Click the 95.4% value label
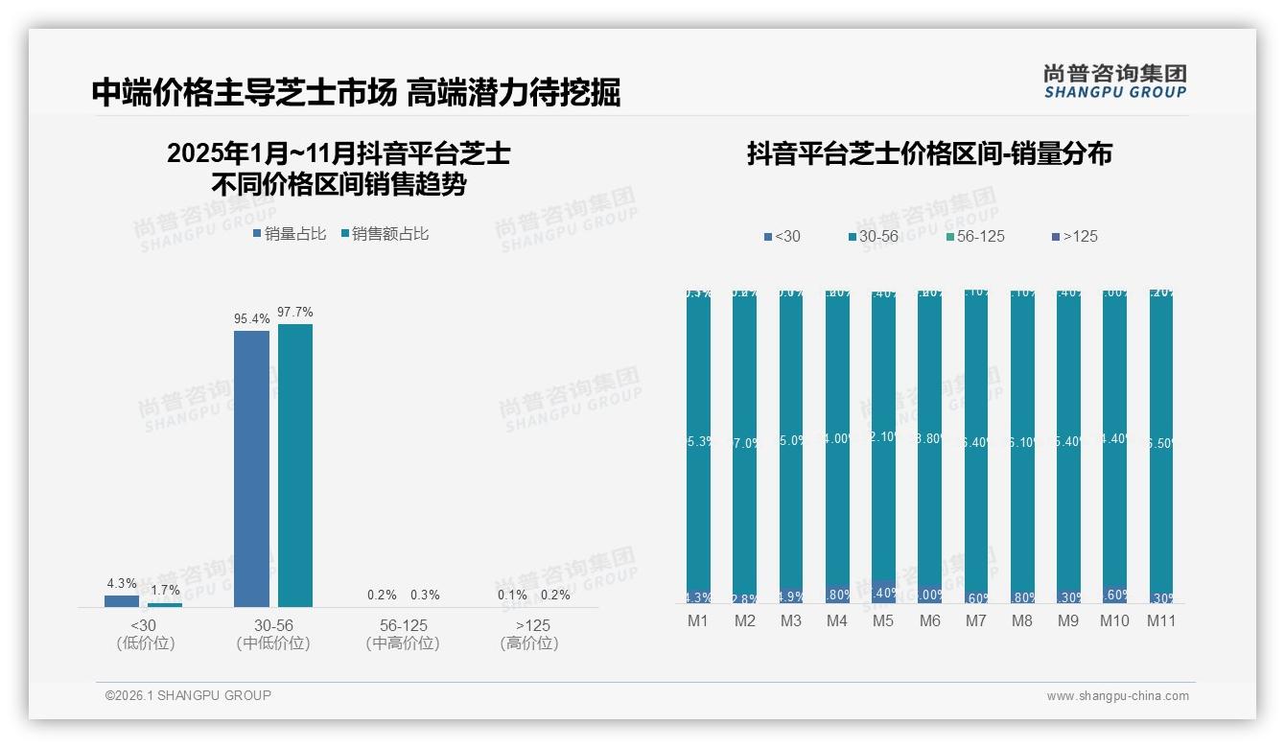point(251,318)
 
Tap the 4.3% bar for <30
point(122,601)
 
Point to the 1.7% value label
point(165,590)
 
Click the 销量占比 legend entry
point(290,233)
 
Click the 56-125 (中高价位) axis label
point(403,634)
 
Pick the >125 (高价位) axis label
point(528,634)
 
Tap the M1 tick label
point(698,620)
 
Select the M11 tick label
point(1161,620)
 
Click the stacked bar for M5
point(883,446)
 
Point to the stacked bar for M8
point(1022,446)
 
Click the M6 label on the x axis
point(929,620)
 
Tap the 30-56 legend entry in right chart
point(872,236)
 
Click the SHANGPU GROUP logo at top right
point(1114,81)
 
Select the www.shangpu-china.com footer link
point(1117,696)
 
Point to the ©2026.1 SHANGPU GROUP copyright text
point(188,695)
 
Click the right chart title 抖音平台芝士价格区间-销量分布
point(929,154)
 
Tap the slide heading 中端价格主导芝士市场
point(244,92)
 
